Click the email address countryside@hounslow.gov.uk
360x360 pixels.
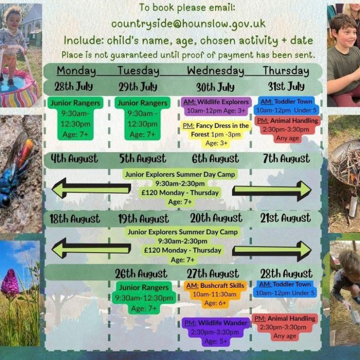click(188, 24)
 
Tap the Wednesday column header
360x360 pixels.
click(215, 71)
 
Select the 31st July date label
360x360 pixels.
click(286, 87)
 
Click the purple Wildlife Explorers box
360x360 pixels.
click(216, 106)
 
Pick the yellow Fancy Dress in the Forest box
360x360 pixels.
click(216, 135)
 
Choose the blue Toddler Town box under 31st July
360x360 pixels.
click(286, 105)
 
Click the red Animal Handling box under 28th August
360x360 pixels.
click(285, 327)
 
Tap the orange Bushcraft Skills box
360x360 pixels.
click(215, 294)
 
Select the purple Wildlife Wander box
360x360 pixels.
click(216, 332)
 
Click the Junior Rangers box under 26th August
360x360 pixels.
click(144, 298)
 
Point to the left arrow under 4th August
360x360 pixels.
click(91, 188)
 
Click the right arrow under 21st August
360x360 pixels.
click(272, 251)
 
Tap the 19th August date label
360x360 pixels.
click(143, 219)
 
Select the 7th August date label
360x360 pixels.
click(286, 158)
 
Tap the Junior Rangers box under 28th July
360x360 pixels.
click(75, 118)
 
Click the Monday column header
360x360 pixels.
click(76, 71)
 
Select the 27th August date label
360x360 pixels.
click(213, 274)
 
